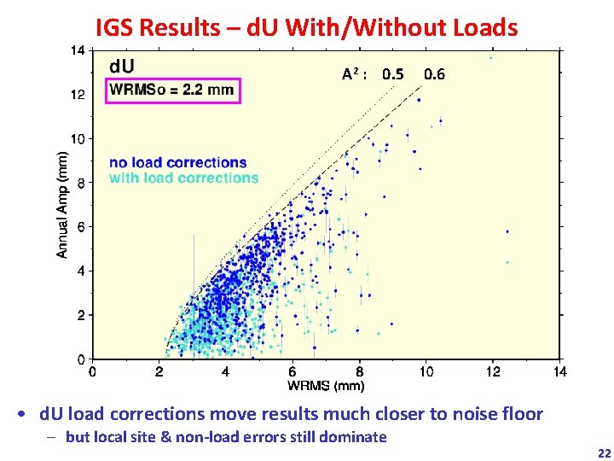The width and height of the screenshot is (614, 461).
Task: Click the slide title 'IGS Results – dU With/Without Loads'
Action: point(306,27)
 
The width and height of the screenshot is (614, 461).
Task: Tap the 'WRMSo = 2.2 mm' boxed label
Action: point(174,90)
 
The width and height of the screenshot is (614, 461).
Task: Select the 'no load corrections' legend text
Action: point(178,162)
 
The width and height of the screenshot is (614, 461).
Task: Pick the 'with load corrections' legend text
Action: point(184,178)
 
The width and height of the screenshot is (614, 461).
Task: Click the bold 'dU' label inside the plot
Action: point(120,66)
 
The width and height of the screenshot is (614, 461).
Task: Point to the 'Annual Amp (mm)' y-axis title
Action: point(62,205)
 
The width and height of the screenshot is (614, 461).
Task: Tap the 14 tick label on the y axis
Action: point(78,50)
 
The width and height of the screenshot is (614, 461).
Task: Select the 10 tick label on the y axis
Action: point(78,138)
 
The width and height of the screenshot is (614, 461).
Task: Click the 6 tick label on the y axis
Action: point(80,227)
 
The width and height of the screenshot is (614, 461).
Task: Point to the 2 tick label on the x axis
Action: point(159,371)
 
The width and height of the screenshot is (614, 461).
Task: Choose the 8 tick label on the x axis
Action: point(360,371)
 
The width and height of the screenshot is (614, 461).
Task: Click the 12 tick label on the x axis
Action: point(493,371)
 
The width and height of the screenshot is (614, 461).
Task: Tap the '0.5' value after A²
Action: point(393,74)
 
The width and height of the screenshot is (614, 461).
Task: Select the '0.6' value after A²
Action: point(434,74)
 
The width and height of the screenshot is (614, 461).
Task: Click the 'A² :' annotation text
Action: point(355,74)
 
